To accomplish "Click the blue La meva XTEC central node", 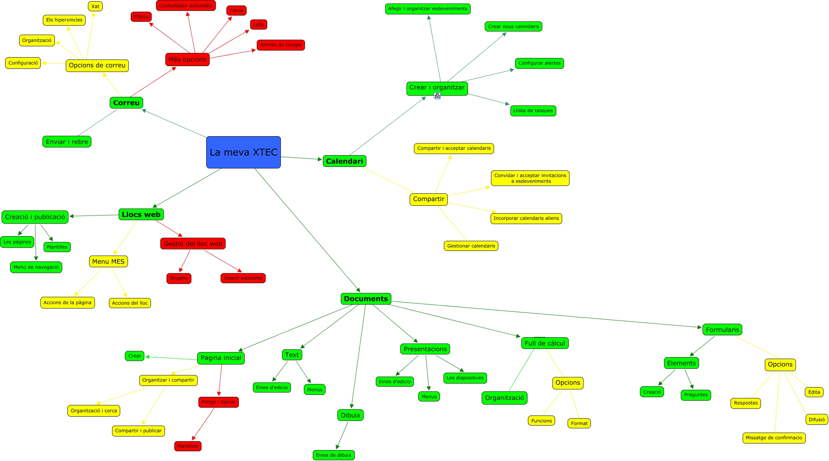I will (x=243, y=152).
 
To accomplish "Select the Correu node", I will (x=126, y=103).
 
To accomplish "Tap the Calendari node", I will (x=344, y=161).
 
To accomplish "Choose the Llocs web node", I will (x=141, y=214).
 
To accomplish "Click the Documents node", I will (x=366, y=299).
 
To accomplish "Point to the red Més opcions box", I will (x=187, y=60).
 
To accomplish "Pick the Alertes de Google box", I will (x=280, y=45).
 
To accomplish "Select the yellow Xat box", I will (x=95, y=7).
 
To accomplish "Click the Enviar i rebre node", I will (x=67, y=142).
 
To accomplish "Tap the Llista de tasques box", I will (x=533, y=111).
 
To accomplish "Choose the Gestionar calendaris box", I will (x=471, y=246).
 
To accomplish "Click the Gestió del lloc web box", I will (x=193, y=244).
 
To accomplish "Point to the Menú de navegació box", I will (x=36, y=267).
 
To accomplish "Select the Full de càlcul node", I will (x=545, y=343).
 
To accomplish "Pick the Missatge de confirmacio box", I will (x=774, y=438).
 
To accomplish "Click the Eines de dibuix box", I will (x=333, y=455).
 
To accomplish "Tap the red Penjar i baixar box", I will (x=218, y=402).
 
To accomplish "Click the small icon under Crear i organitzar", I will (x=437, y=96).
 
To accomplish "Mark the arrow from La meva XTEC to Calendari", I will (x=301, y=158).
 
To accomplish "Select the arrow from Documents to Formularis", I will (x=545, y=314).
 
